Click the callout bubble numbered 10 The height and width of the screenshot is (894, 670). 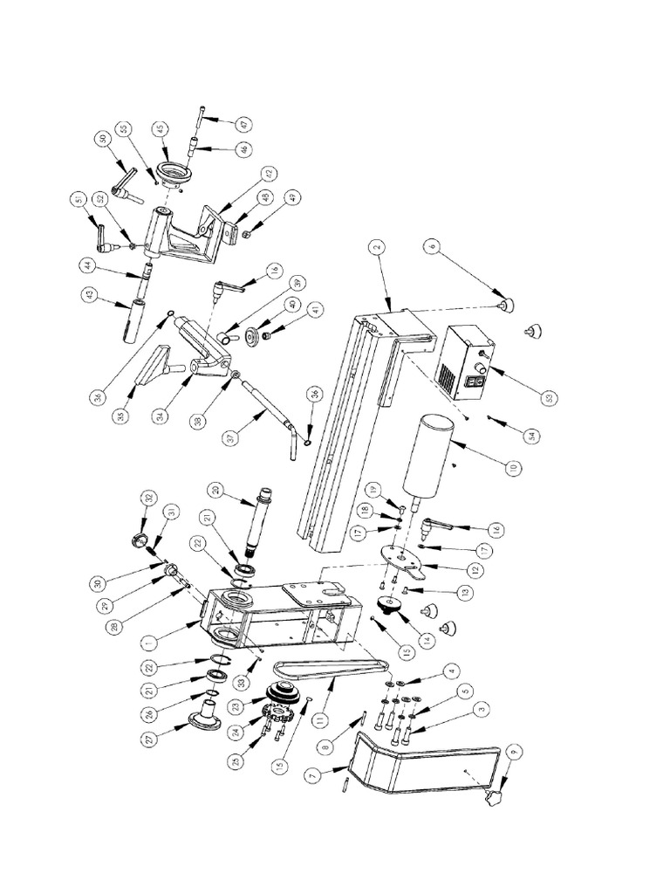[x=515, y=468]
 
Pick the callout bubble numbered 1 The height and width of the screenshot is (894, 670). [x=147, y=643]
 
